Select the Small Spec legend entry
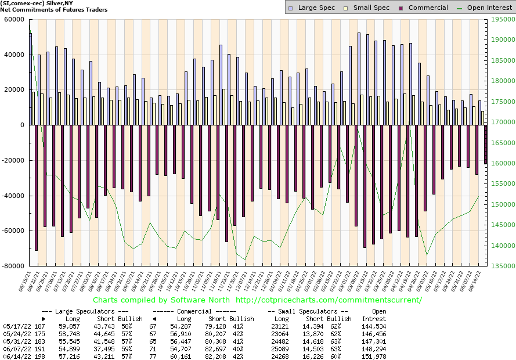pyautogui.click(x=367, y=8)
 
